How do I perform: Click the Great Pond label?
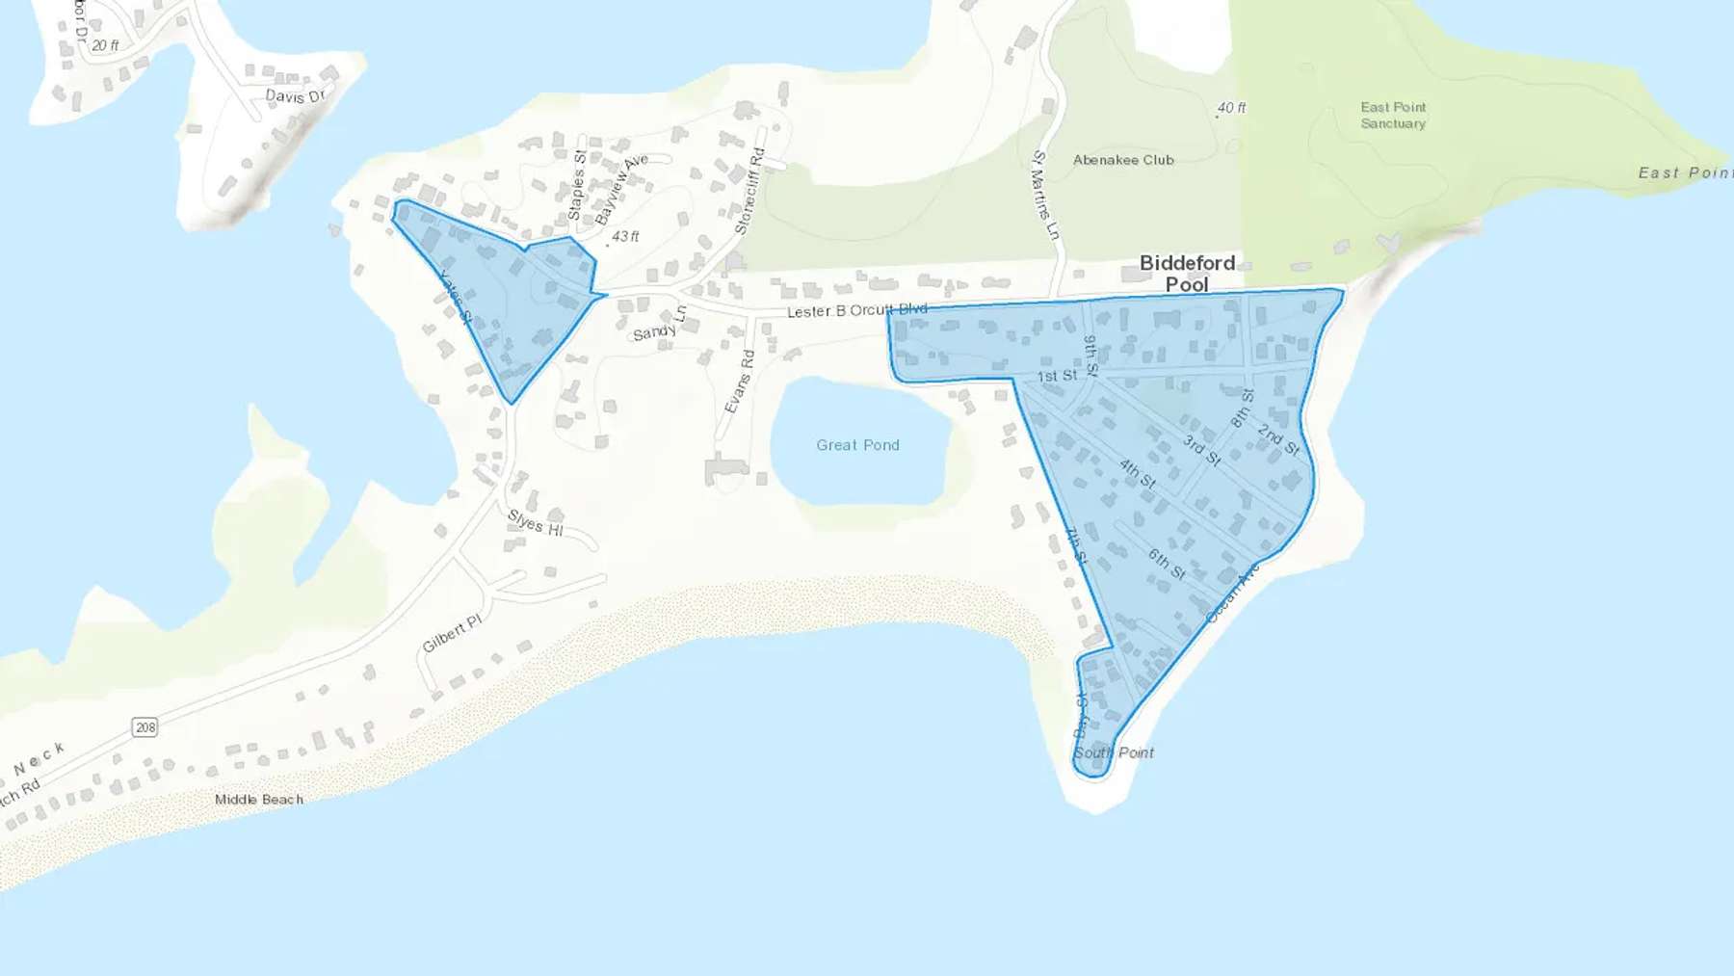857,445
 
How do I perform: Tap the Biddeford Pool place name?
1187,274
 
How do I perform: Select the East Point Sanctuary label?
1393,116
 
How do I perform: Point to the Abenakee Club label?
1123,160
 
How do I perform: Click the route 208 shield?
145,727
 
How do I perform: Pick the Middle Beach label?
258,800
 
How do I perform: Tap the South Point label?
1114,752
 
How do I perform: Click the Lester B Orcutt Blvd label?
856,310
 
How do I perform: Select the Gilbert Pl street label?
451,634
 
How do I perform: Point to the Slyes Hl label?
535,523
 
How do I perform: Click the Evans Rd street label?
739,382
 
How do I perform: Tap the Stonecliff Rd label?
749,192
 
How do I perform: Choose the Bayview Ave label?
621,189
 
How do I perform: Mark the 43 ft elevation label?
625,236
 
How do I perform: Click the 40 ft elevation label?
1231,108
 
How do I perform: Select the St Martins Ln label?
1045,196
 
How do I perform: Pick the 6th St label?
1167,564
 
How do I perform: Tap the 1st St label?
1057,376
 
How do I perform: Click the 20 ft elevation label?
105,45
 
